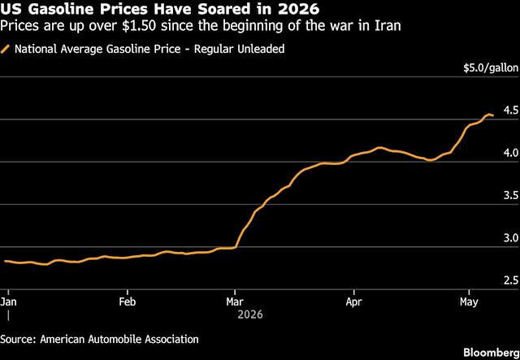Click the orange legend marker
coord(6,49)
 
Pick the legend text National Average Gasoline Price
coord(97,49)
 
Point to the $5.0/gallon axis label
coord(491,68)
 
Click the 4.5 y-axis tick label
coord(511,111)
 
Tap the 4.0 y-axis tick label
coord(511,153)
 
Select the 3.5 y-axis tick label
coord(511,195)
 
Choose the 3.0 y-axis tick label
coord(511,238)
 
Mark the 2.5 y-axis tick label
coord(511,280)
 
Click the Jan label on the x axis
coord(7,302)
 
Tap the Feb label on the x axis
coord(128,302)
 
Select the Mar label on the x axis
coord(235,302)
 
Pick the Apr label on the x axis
coord(354,302)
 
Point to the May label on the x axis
coord(470,302)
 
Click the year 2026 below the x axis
coord(250,314)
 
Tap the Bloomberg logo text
coord(492,352)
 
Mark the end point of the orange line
coord(493,115)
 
